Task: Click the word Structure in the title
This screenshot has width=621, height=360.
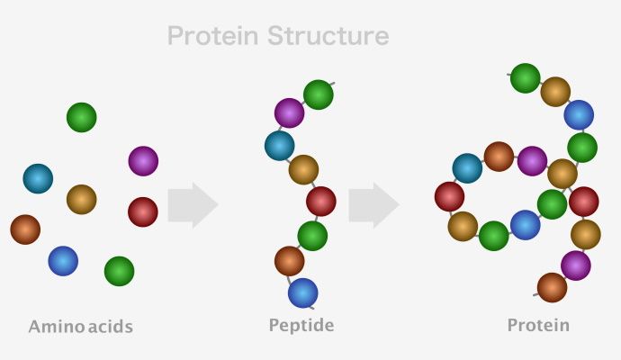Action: click(328, 36)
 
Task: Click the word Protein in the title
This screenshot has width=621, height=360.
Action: click(213, 36)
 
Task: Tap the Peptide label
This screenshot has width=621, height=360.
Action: click(301, 326)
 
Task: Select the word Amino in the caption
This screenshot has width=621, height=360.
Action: click(56, 327)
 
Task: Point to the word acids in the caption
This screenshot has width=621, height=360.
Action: click(111, 327)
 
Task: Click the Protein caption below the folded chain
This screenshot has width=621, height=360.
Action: click(538, 325)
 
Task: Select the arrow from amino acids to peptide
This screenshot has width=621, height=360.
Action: click(193, 205)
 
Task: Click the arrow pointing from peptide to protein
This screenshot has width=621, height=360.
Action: click(373, 205)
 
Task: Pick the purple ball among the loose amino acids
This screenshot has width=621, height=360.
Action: click(143, 161)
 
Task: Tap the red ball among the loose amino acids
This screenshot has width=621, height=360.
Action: click(143, 211)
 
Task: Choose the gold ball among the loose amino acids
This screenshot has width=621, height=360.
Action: click(82, 200)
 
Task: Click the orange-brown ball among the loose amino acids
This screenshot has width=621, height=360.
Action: click(25, 229)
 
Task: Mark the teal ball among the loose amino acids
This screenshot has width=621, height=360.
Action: click(38, 178)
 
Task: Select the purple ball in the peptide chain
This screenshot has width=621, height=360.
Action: click(290, 113)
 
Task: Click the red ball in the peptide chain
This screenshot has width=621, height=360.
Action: click(321, 202)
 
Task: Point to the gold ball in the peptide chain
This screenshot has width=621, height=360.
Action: click(304, 170)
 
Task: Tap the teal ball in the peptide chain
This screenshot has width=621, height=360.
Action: click(280, 146)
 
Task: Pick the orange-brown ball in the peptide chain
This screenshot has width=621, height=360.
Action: click(290, 261)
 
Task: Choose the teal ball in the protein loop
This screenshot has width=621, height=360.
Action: click(467, 168)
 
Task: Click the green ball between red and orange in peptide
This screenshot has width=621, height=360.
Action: click(312, 236)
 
